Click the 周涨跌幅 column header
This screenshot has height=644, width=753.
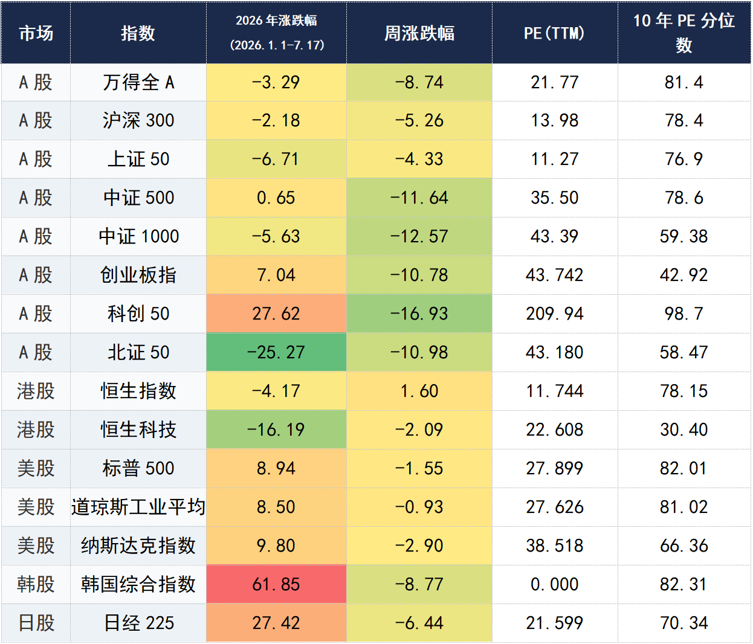[x=419, y=33]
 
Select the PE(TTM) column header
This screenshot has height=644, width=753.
[x=554, y=33]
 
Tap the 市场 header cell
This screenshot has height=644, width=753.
[x=36, y=33]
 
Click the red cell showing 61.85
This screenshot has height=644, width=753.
[x=276, y=584]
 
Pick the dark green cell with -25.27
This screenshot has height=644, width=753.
[x=276, y=352]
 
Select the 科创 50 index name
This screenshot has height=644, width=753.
[x=138, y=314]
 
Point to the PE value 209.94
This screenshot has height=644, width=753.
[x=554, y=314]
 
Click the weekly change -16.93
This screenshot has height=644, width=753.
[x=419, y=314]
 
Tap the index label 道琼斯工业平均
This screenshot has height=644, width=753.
[x=138, y=507]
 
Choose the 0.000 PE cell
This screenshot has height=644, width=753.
[x=554, y=584]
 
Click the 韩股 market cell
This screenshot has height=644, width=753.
[x=36, y=584]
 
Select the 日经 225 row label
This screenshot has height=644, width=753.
[x=138, y=622]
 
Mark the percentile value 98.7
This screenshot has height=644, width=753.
[x=684, y=314]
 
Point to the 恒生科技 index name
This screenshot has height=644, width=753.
[x=138, y=430]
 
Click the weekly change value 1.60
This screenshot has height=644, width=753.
[x=419, y=391]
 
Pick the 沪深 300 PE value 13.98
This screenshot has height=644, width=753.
[x=554, y=120]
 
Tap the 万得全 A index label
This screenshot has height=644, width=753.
[x=138, y=82]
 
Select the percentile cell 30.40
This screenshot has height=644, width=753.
[x=684, y=430]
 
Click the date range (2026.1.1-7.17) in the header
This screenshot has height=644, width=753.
[x=277, y=45]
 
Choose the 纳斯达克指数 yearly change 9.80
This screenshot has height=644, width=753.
[x=276, y=546]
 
